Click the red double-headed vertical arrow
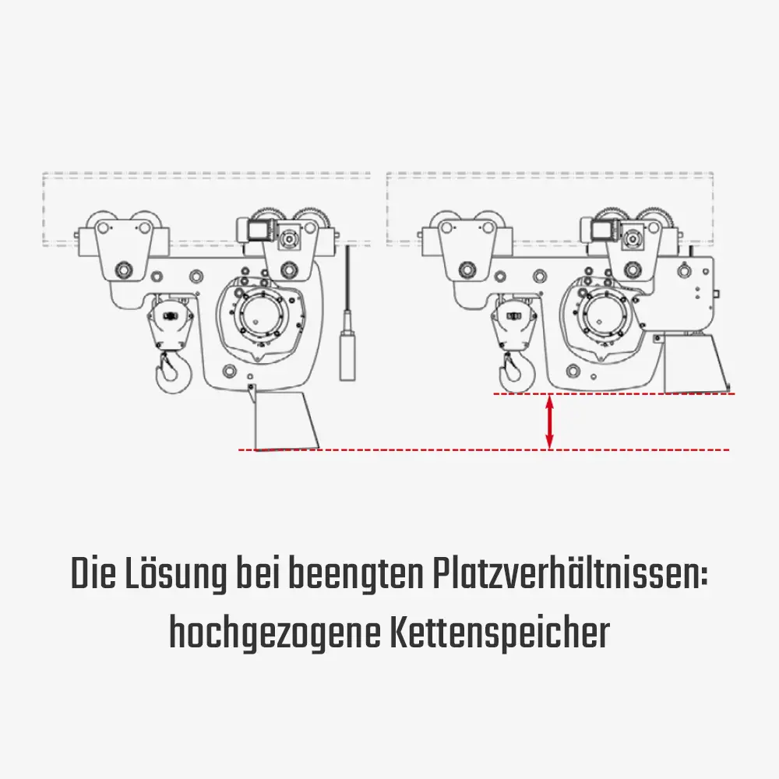pos(550,422)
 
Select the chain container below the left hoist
pos(285,420)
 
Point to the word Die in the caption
pos(92,575)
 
